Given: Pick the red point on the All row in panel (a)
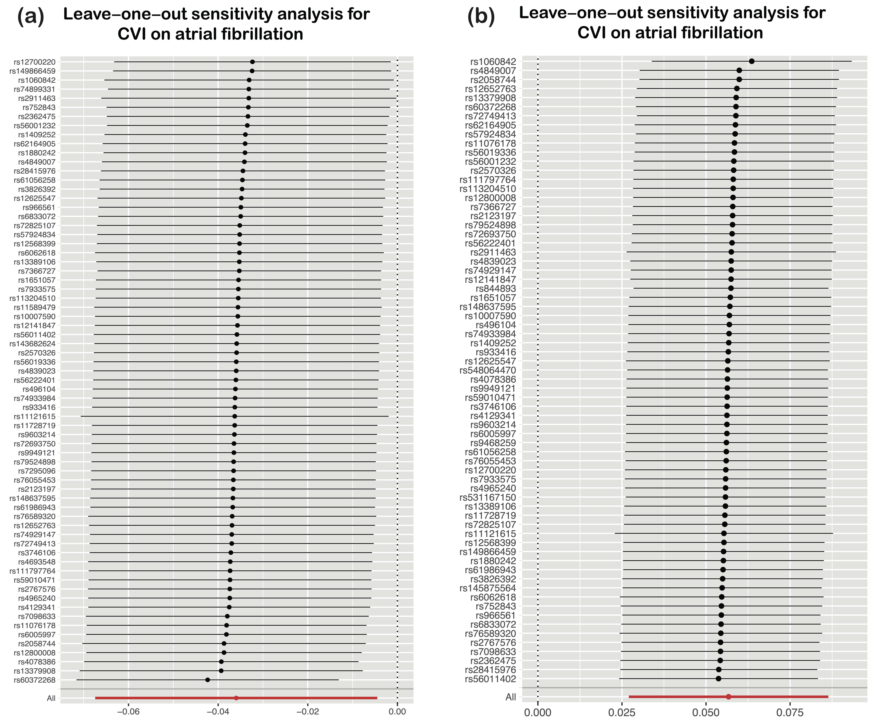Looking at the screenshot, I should tap(236, 698).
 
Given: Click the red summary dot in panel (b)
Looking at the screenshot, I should tap(728, 697).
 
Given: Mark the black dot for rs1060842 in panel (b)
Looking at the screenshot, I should tap(752, 61).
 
